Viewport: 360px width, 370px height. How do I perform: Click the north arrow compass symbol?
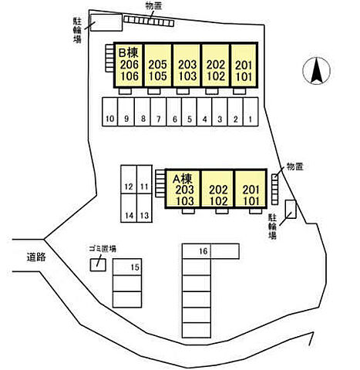316,71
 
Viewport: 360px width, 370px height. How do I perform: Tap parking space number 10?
110,112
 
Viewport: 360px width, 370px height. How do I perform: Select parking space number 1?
251,112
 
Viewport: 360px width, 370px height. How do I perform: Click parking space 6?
174,112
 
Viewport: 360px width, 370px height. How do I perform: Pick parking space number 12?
129,180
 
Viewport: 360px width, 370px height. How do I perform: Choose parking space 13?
144,208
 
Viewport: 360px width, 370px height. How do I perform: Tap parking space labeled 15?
127,267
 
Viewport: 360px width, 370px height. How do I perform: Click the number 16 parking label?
204,251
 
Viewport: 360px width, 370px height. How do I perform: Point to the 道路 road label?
36,257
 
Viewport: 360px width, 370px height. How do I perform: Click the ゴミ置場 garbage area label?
103,249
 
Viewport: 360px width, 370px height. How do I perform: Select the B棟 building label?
129,52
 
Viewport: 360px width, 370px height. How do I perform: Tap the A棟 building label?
183,179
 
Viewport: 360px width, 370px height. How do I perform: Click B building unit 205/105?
158,66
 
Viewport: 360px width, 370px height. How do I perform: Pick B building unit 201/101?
244,66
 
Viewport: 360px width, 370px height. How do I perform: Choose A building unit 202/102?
218,188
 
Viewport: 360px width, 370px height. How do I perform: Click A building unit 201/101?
251,188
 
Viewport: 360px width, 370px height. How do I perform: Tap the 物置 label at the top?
153,6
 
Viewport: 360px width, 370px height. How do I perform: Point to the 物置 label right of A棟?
295,166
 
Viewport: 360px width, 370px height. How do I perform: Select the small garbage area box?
98,264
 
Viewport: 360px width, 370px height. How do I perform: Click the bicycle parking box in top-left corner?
106,22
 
